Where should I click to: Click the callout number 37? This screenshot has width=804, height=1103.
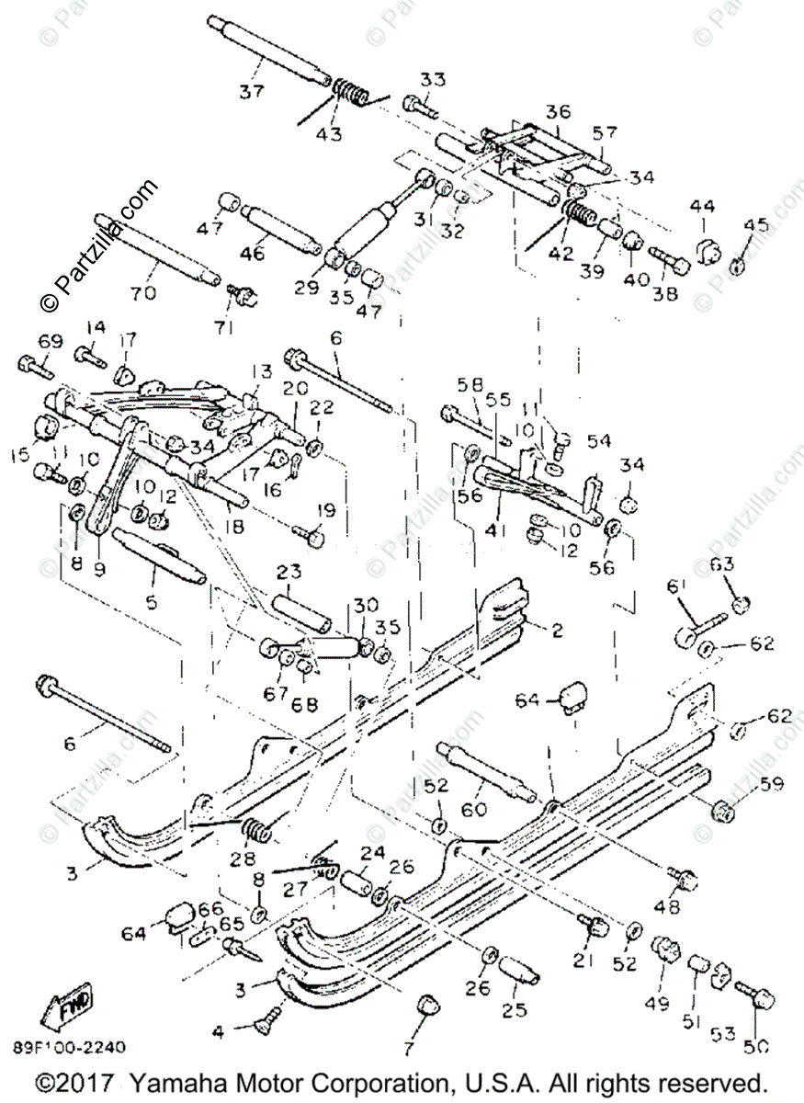point(252,91)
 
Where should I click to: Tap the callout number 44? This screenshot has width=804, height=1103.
point(702,206)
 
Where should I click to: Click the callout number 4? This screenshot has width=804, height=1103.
point(218,1032)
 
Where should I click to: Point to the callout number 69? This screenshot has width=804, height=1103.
point(50,342)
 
